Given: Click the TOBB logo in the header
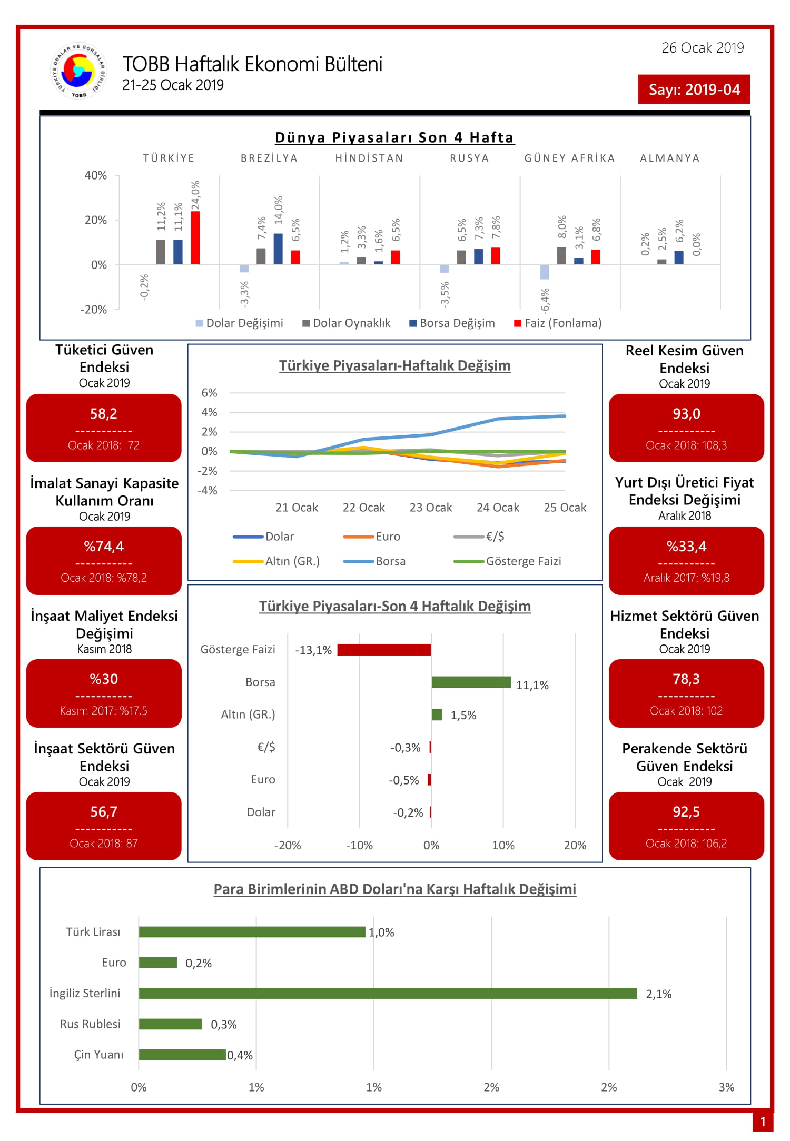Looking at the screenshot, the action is pyautogui.click(x=78, y=71).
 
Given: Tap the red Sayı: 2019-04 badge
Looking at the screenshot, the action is pyautogui.click(x=694, y=89).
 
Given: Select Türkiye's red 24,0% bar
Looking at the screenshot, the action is pyautogui.click(x=195, y=237).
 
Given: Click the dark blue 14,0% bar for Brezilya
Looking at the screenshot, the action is pyautogui.click(x=278, y=249).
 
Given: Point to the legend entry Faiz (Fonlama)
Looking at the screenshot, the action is pyautogui.click(x=558, y=323).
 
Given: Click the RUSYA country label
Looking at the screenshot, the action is pyautogui.click(x=469, y=158).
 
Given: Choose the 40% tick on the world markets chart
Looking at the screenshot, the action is pyautogui.click(x=96, y=175).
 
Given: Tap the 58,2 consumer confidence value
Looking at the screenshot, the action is pyautogui.click(x=104, y=414).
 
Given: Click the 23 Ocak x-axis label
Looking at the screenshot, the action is pyautogui.click(x=431, y=508).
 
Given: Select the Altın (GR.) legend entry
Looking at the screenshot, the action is pyautogui.click(x=276, y=561).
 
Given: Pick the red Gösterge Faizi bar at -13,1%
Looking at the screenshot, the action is pyautogui.click(x=384, y=650).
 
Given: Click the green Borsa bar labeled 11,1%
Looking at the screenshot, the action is pyautogui.click(x=471, y=682).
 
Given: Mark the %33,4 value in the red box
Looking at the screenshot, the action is pyautogui.click(x=686, y=547).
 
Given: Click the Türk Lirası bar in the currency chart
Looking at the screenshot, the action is pyautogui.click(x=252, y=932).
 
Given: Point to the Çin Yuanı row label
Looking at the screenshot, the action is pyautogui.click(x=98, y=1055).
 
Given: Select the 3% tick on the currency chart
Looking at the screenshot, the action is pyautogui.click(x=726, y=1087).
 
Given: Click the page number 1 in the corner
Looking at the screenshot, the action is pyautogui.click(x=763, y=1122).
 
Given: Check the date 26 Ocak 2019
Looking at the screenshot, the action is pyautogui.click(x=703, y=48).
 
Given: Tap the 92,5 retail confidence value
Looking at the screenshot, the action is pyautogui.click(x=686, y=812).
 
